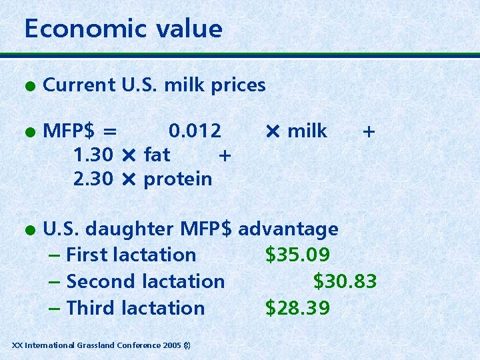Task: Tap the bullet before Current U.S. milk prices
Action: pyautogui.click(x=29, y=85)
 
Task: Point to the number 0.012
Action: pyautogui.click(x=195, y=131)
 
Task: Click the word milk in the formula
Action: pyautogui.click(x=307, y=131)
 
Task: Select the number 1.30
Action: pyautogui.click(x=94, y=155)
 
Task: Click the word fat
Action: pyautogui.click(x=157, y=155)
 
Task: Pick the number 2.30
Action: pyautogui.click(x=94, y=179)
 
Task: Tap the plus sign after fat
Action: pyautogui.click(x=225, y=156)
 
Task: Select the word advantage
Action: pyautogui.click(x=288, y=229)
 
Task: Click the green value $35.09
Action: pyautogui.click(x=297, y=255)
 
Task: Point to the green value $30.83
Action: pyautogui.click(x=345, y=281)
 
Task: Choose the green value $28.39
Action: pyautogui.click(x=297, y=308)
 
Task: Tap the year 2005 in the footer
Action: pyautogui.click(x=171, y=345)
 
